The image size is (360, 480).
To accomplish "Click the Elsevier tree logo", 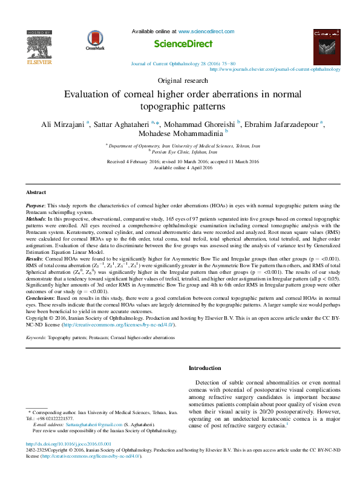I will (39, 47).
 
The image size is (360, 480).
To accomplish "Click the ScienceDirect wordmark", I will (183, 44).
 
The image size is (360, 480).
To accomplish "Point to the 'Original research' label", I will (180, 80).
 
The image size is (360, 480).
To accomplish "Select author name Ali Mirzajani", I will (62, 125).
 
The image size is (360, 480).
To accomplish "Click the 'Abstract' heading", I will (36, 192).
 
